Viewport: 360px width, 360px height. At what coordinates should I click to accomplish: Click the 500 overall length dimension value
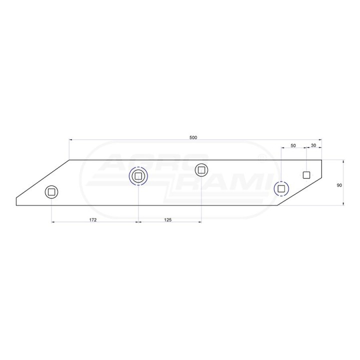point(193,138)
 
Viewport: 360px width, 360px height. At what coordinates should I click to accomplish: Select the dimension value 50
point(293,145)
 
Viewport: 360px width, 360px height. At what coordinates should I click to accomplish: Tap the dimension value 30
point(313,145)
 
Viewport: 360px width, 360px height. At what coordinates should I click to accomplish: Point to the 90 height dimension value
point(339,185)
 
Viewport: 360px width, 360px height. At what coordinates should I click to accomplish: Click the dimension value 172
point(93,220)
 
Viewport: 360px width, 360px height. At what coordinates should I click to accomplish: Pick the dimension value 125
point(168,220)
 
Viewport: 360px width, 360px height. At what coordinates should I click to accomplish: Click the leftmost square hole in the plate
point(51,192)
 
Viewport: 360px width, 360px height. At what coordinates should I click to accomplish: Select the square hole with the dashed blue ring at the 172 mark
point(138,176)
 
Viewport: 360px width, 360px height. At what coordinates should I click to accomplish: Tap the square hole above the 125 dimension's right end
point(201,170)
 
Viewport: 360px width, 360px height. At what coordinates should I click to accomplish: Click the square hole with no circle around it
point(306,175)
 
